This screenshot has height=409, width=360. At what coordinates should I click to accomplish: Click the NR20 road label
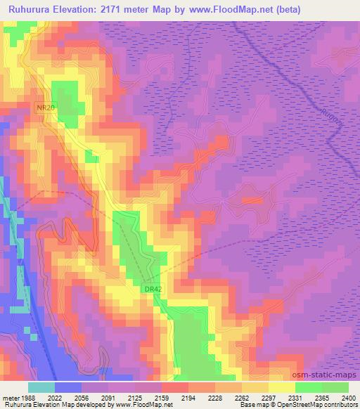click(45, 107)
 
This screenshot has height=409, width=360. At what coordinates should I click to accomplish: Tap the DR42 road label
click(153, 288)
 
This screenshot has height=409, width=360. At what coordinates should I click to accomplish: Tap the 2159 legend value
click(161, 397)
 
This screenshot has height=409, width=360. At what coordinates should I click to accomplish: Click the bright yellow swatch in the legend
click(281, 387)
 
